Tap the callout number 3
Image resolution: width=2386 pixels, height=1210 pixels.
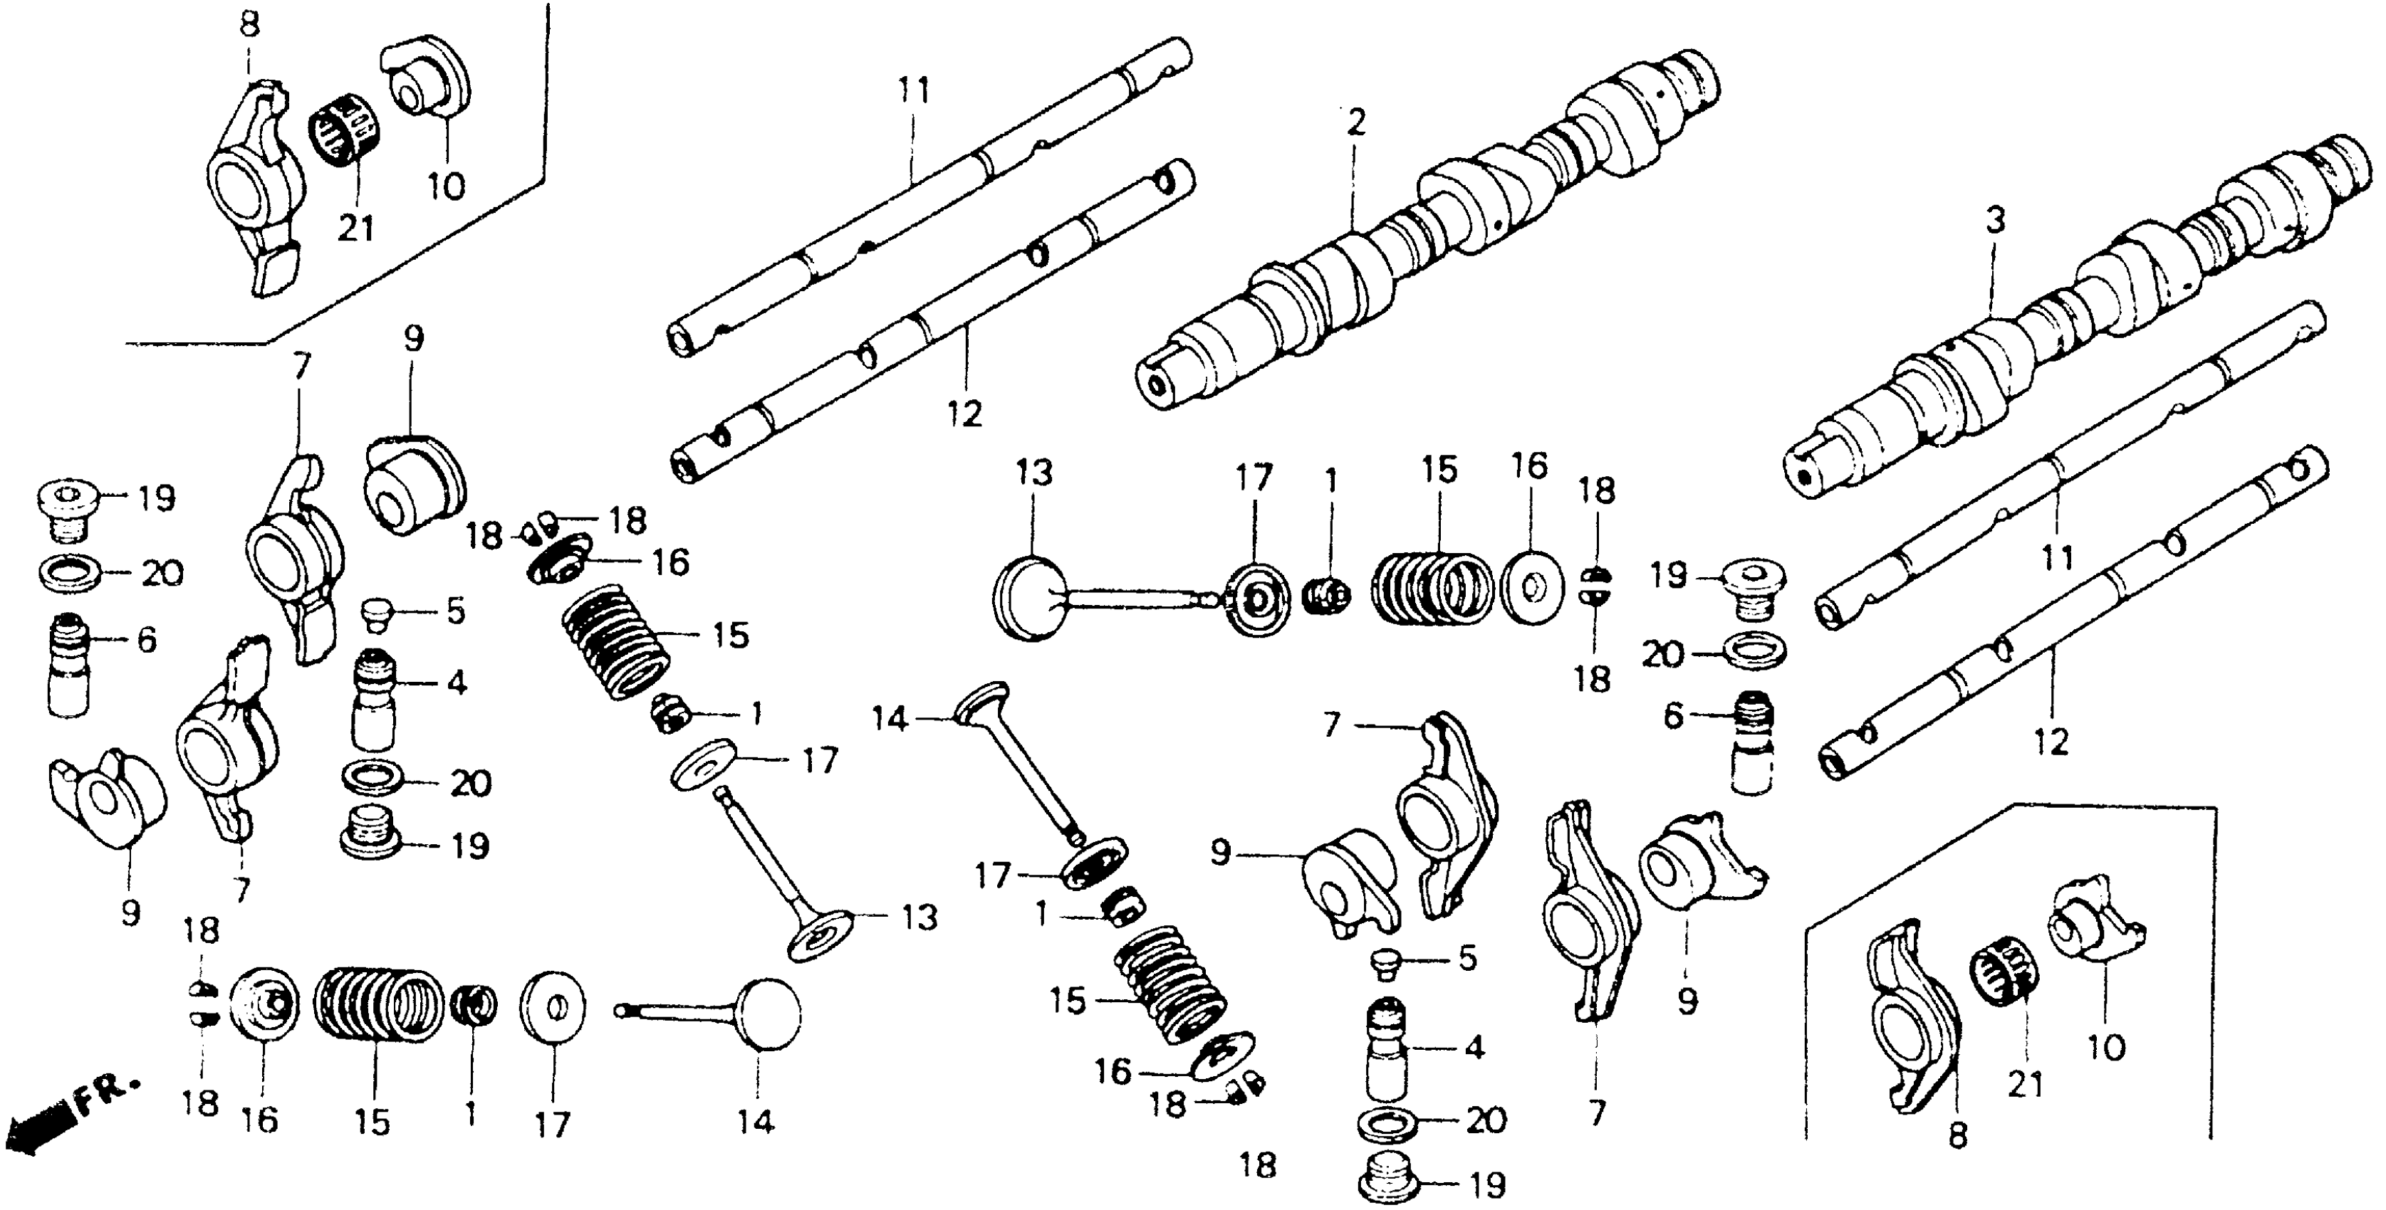[1994, 221]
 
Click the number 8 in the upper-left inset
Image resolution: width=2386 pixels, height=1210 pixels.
[249, 25]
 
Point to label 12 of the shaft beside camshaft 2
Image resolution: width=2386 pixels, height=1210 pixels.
[964, 413]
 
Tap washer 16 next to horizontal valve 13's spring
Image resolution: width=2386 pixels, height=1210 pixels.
[1531, 587]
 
